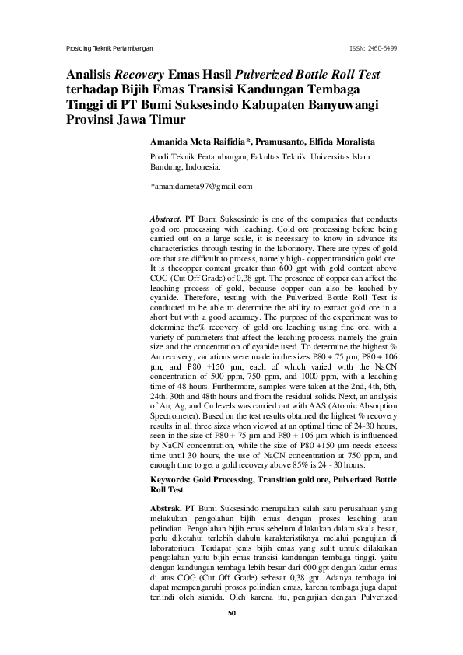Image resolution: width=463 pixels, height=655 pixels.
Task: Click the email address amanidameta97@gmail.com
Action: point(202,187)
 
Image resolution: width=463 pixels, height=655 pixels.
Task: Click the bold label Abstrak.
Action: point(167,506)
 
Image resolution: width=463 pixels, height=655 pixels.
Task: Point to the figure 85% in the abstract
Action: point(310,464)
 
